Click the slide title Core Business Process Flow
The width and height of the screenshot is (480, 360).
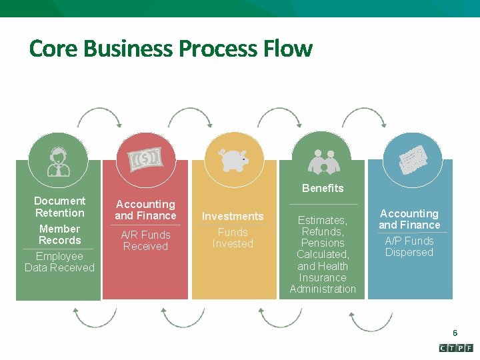pyautogui.click(x=170, y=49)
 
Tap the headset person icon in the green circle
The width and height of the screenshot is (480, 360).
pyautogui.click(x=59, y=161)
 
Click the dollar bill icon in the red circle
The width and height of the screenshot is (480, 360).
pyautogui.click(x=145, y=159)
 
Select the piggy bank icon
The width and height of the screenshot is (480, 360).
pyautogui.click(x=233, y=159)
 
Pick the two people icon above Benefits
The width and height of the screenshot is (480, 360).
pyautogui.click(x=323, y=161)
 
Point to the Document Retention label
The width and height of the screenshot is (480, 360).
pyautogui.click(x=59, y=207)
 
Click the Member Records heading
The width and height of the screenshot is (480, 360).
pyautogui.click(x=59, y=235)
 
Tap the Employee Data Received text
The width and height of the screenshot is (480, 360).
pyautogui.click(x=59, y=262)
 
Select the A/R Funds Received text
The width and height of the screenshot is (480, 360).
pyautogui.click(x=145, y=241)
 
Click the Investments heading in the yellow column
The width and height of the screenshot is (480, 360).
pyautogui.click(x=233, y=216)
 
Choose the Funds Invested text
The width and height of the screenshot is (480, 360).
pyautogui.click(x=233, y=238)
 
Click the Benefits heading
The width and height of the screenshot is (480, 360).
pyautogui.click(x=323, y=188)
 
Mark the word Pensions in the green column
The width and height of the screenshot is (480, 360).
pyautogui.click(x=323, y=243)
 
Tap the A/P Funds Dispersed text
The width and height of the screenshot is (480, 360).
pyautogui.click(x=409, y=247)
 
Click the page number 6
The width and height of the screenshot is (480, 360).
pyautogui.click(x=455, y=333)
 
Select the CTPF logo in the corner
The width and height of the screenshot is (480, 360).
pyautogui.click(x=456, y=348)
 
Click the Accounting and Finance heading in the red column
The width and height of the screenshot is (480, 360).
pyautogui.click(x=145, y=210)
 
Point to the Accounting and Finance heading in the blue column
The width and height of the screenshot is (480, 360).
pyautogui.click(x=409, y=219)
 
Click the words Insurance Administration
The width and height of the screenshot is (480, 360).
pyautogui.click(x=323, y=283)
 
